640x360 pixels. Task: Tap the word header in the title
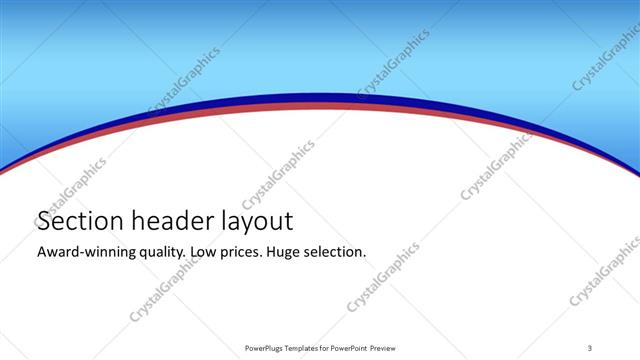pyautogui.click(x=165, y=222)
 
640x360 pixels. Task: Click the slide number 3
pyautogui.click(x=591, y=347)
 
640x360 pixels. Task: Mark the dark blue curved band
pyautogui.click(x=320, y=98)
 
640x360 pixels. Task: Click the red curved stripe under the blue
pyautogui.click(x=320, y=105)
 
